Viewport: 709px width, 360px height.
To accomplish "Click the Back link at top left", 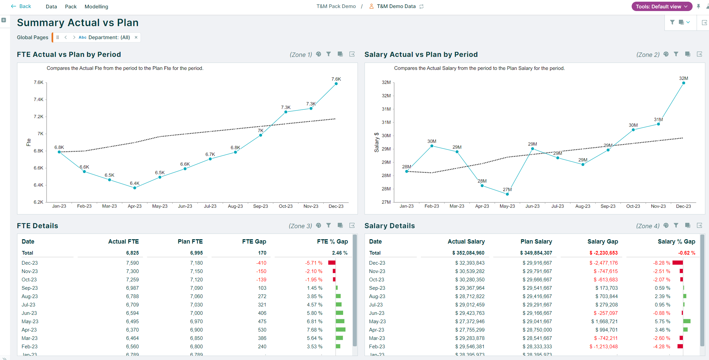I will point(21,6).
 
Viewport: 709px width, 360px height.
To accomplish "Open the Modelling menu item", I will point(96,7).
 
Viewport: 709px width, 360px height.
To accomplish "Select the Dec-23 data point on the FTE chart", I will point(336,84).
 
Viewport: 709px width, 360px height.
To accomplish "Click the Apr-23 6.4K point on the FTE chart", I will point(135,188).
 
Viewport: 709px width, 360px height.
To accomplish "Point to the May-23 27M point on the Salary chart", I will point(507,194).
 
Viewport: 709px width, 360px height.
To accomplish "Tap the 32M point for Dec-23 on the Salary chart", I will point(684,83).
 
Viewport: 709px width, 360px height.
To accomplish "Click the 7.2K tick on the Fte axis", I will point(38,116).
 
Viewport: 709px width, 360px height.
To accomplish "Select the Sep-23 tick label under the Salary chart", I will point(608,206).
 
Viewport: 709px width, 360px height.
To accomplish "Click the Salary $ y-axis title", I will point(377,142).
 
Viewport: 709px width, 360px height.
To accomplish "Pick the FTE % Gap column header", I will point(332,242).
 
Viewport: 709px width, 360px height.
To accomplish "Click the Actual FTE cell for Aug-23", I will point(132,296).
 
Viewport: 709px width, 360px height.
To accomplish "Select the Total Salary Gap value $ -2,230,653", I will point(603,253).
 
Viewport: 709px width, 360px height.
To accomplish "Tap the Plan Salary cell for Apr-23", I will point(537,330).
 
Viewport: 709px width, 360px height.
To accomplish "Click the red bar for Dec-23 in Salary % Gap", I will point(677,263).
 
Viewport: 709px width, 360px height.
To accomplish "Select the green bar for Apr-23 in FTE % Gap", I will point(340,330).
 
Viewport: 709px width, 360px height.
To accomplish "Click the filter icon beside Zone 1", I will point(329,54).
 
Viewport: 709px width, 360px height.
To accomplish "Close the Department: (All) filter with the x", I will point(136,37).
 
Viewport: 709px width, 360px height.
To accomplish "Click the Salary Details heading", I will point(389,226).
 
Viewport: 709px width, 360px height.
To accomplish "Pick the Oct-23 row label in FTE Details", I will point(29,280).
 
